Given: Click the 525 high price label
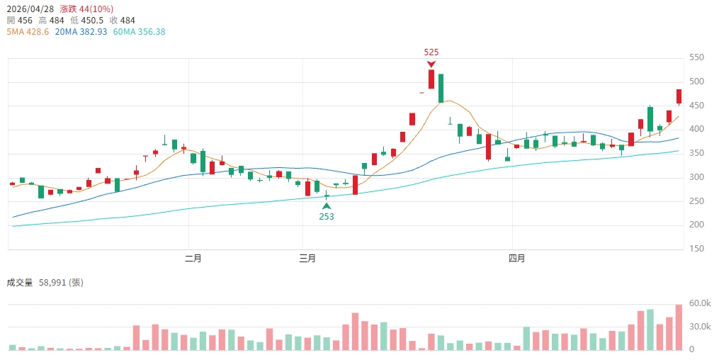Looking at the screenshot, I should coord(431,52).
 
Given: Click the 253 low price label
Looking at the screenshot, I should coord(327,217).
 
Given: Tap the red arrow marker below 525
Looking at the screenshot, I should coord(431,64).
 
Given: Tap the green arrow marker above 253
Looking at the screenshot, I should coord(327,206).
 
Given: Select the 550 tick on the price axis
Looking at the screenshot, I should coord(698,57).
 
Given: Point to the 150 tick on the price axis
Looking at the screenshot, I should coord(698,249).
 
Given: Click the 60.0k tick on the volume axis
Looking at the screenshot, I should coord(701,303).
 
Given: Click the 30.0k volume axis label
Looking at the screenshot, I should coord(701,327).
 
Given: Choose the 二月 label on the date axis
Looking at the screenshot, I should coord(193,259).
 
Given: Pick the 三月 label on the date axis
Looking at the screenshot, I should coord(307,259).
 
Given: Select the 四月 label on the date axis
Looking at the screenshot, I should coord(517,259).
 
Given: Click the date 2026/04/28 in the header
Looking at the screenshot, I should coord(30,9).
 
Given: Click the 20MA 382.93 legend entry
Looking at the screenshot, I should coord(80,32).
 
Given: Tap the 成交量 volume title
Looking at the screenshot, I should coord(20,283).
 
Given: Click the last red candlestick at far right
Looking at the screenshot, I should coord(679,97).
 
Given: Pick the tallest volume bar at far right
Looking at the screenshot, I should coord(679,327).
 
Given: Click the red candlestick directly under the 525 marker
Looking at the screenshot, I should coord(431,79).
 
